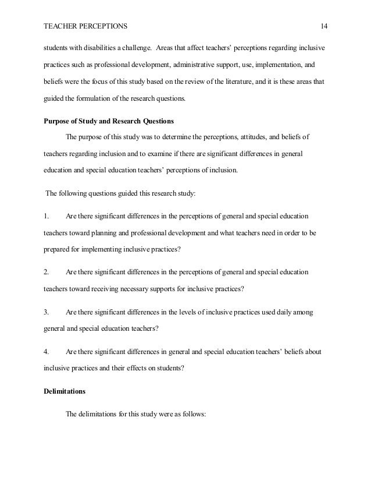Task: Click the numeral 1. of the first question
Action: pyautogui.click(x=47, y=216)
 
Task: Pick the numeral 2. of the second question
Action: pyautogui.click(x=47, y=272)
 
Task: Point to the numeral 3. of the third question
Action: pyautogui.click(x=47, y=313)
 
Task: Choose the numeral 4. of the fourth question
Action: pyautogui.click(x=47, y=352)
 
